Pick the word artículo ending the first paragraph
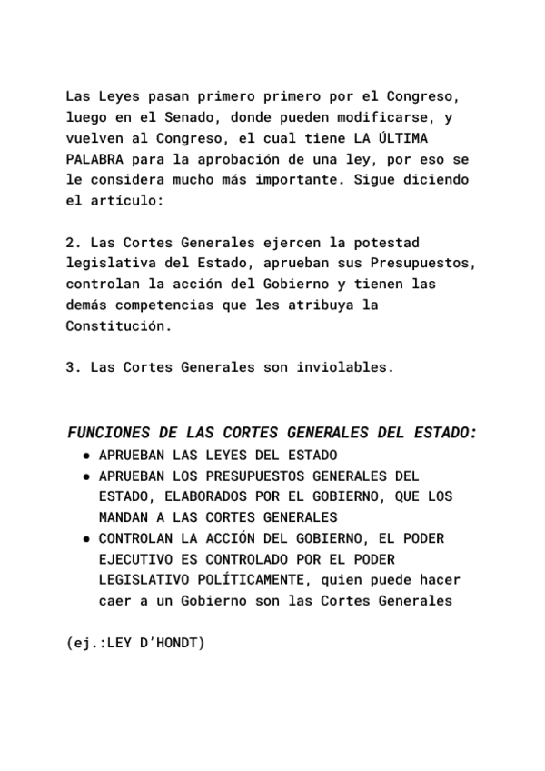point(126,201)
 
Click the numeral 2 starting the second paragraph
point(72,243)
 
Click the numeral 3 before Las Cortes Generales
point(72,367)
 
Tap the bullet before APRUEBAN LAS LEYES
point(85,455)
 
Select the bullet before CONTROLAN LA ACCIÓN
point(85,538)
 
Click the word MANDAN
point(123,517)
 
